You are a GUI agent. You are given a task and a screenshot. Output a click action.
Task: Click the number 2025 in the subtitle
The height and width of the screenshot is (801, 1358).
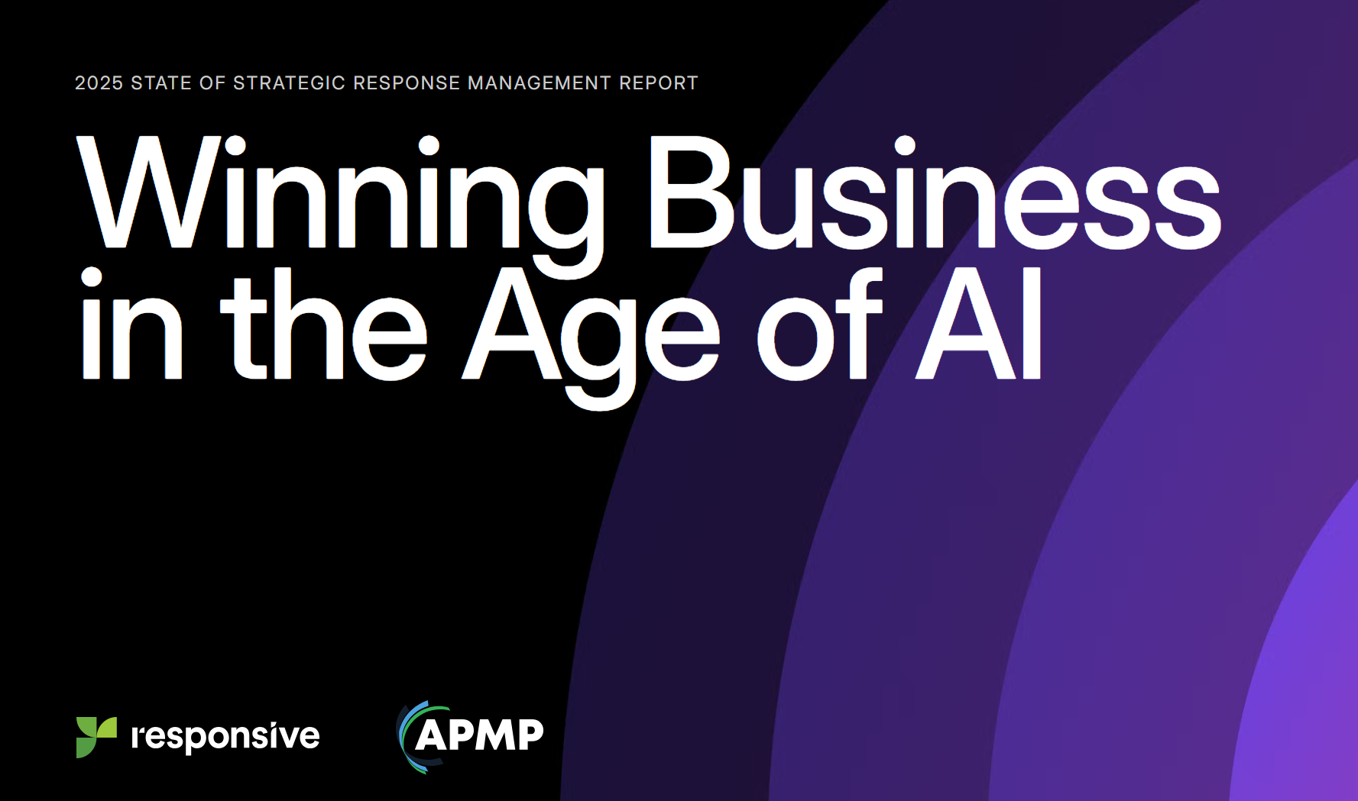click(x=99, y=82)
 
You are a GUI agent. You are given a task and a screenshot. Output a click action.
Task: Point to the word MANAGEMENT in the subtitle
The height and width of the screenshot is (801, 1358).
click(x=540, y=82)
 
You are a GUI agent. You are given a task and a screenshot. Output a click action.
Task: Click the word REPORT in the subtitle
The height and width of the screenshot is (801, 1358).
click(x=659, y=82)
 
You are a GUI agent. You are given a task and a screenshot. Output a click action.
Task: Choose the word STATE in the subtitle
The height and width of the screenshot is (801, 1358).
click(x=161, y=82)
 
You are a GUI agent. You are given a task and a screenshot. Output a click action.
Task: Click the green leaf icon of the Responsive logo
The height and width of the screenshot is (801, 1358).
click(x=96, y=737)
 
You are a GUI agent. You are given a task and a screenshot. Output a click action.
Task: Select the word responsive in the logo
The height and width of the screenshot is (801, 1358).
click(x=225, y=737)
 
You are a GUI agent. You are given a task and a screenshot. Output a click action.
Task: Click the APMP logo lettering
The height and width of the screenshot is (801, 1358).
click(x=479, y=735)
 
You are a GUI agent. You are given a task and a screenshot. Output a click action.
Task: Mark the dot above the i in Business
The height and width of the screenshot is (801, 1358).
click(x=905, y=145)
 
